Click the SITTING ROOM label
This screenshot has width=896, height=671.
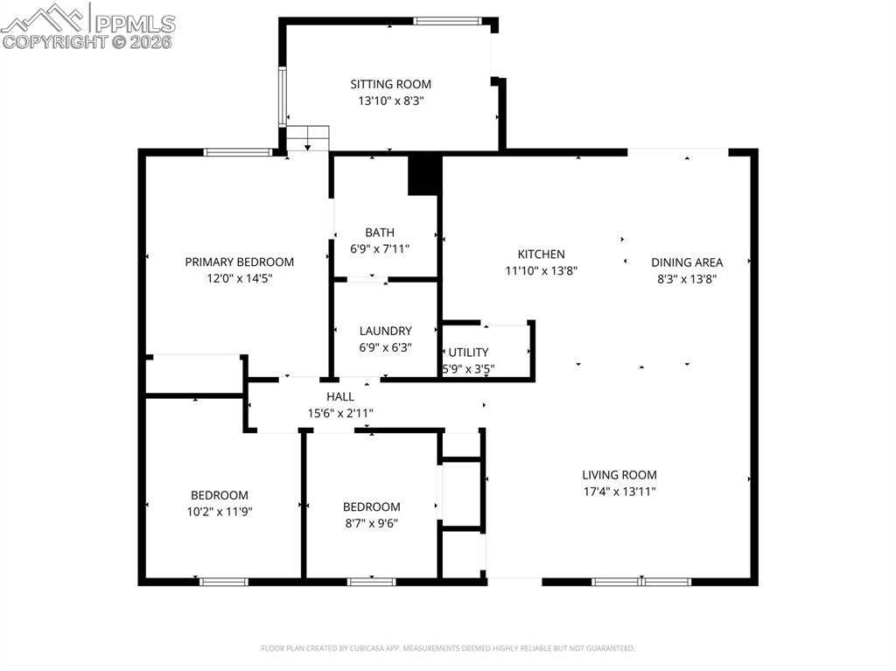click(x=390, y=85)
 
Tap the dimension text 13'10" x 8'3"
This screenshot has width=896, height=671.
click(x=390, y=101)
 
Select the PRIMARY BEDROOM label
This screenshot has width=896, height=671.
click(x=239, y=262)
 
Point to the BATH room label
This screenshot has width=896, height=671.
click(x=380, y=233)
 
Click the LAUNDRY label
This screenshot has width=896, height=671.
click(x=385, y=331)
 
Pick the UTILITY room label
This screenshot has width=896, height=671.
click(x=468, y=353)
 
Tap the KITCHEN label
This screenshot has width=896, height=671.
click(x=541, y=255)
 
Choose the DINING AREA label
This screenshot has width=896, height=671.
click(x=687, y=262)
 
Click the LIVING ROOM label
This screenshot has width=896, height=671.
click(x=619, y=475)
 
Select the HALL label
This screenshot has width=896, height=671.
click(x=340, y=397)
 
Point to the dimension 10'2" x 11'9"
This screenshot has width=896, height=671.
click(x=220, y=512)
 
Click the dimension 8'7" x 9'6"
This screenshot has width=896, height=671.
click(x=371, y=523)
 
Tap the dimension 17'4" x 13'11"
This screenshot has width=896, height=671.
click(x=619, y=492)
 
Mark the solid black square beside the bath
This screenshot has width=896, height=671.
click(x=423, y=174)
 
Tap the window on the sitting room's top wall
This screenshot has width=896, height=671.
click(x=446, y=20)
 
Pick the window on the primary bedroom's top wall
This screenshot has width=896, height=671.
click(x=238, y=152)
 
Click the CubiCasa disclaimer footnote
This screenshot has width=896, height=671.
click(x=448, y=648)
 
